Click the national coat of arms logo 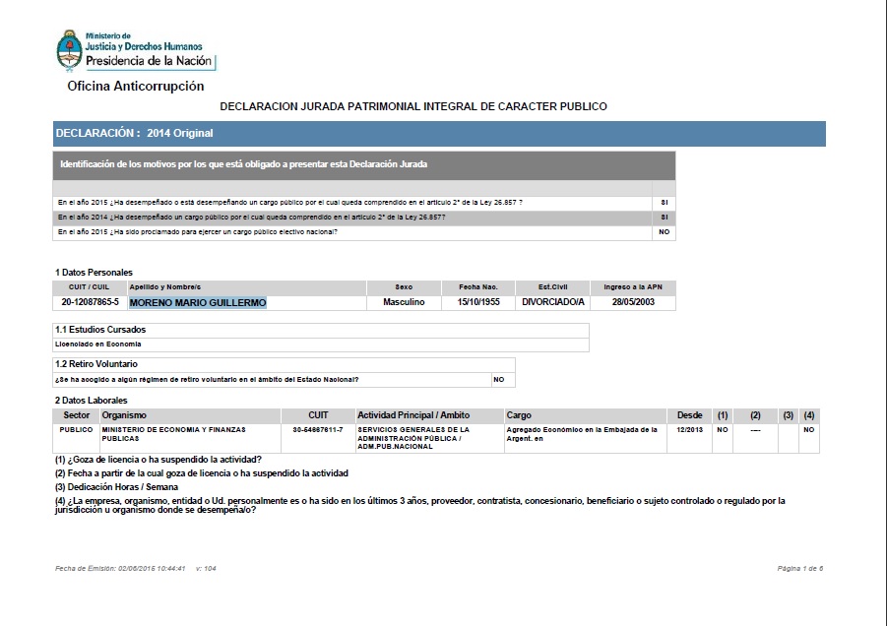click(x=69, y=50)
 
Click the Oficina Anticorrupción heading click(x=136, y=87)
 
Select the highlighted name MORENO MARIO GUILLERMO click(x=198, y=303)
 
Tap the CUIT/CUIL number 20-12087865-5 click(x=90, y=303)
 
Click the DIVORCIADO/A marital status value click(x=553, y=303)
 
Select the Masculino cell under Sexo click(x=404, y=303)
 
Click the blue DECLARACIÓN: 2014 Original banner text click(x=135, y=133)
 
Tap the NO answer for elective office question click(x=664, y=232)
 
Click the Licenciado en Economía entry click(x=98, y=344)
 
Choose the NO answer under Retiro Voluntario click(x=498, y=379)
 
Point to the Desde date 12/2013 click(x=690, y=430)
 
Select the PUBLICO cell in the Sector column click(x=76, y=430)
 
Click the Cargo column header click(x=519, y=415)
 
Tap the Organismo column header click(x=124, y=415)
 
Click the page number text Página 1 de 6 click(x=799, y=569)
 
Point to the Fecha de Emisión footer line click(x=135, y=569)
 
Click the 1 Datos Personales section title click(x=94, y=273)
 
